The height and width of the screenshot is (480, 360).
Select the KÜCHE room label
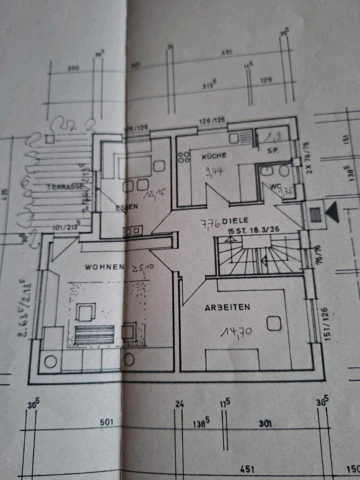click(214, 156)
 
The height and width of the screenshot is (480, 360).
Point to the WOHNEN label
click(104, 267)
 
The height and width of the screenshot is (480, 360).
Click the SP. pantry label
click(272, 150)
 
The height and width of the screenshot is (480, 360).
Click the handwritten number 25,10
click(143, 269)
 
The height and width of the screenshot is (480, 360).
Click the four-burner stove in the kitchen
click(183, 158)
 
